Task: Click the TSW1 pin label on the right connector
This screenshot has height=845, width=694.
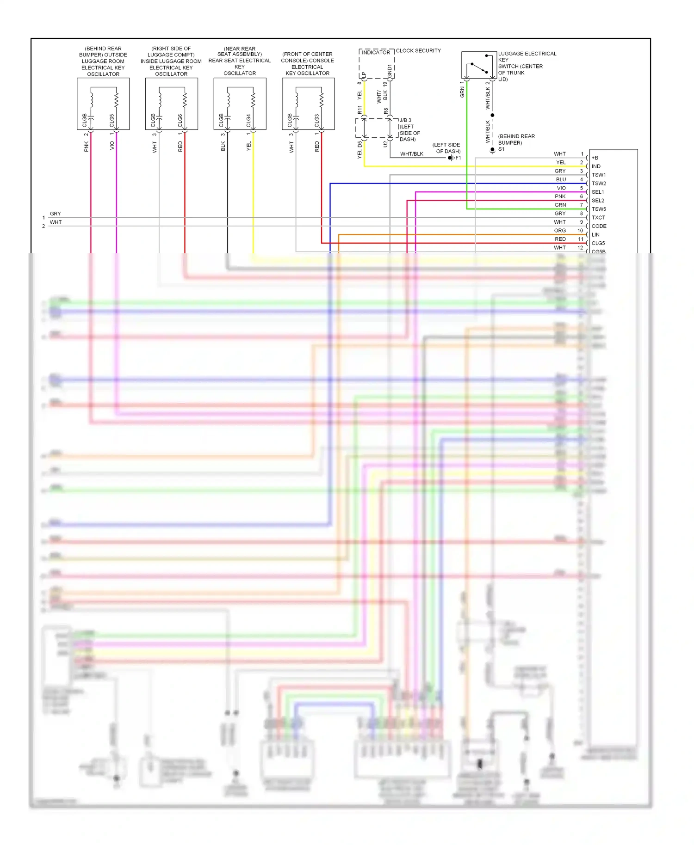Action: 598,175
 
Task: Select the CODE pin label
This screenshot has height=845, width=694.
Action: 599,226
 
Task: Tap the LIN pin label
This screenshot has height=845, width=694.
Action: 595,235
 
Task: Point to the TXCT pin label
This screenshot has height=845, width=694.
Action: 598,218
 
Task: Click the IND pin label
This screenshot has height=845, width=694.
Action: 596,166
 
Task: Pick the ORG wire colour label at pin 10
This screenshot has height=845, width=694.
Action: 560,231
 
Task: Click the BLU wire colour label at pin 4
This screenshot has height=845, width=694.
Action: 561,179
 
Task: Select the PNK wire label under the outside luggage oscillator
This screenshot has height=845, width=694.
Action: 87,147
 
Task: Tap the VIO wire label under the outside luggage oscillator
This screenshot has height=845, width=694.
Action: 112,145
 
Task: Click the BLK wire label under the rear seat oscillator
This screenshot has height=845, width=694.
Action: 223,146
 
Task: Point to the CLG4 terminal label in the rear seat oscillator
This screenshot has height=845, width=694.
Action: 248,120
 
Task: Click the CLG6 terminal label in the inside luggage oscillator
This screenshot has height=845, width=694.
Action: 180,120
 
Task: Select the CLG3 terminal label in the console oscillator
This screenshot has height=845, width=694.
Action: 317,120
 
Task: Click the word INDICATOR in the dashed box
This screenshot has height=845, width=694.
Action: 376,52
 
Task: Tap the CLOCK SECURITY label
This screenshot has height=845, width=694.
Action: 418,50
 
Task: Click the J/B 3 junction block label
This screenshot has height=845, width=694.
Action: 405,120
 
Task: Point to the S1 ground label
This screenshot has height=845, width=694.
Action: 502,149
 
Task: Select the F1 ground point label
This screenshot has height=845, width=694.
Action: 458,158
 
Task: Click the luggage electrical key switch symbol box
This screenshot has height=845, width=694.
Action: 479,65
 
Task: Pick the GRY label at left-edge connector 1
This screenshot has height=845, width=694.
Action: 55,214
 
